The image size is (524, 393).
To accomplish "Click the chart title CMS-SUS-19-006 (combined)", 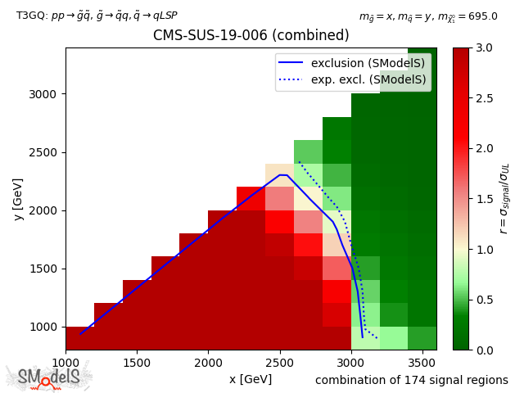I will point(251,36).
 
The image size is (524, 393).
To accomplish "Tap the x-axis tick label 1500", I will point(137,362).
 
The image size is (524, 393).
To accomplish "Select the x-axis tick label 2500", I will point(279,362).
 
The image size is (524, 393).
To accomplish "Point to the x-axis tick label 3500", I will point(422,362).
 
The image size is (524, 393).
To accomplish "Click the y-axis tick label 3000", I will point(44,94).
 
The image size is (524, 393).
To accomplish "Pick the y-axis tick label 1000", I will point(44,327).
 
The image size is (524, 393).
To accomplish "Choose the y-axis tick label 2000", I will point(44,210).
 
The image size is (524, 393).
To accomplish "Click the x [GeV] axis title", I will point(251,379).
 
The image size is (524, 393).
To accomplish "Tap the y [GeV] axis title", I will point(18,199).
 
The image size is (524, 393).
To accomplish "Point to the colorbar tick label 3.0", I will point(485,48).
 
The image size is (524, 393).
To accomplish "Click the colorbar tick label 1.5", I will point(485,199).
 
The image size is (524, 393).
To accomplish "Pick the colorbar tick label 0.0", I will point(485,350).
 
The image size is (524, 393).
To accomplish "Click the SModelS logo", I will point(49,377).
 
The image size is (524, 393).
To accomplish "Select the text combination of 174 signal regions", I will point(412,380).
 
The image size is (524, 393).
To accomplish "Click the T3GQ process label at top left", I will point(97,16).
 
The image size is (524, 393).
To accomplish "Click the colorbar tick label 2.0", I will point(485,149).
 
